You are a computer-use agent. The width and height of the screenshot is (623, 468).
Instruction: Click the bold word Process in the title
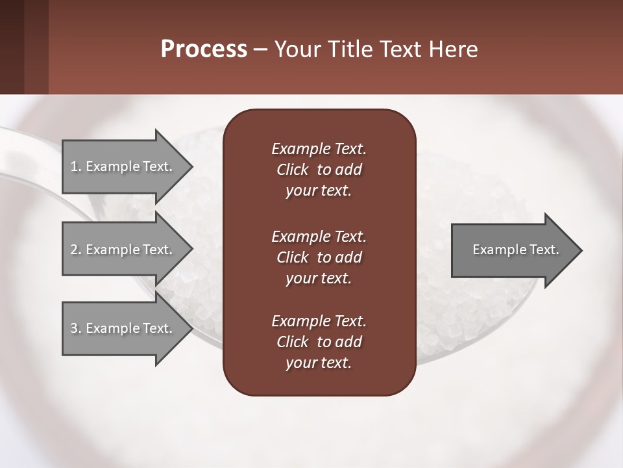click(x=204, y=49)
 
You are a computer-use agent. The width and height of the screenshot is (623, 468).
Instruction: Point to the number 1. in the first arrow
click(x=76, y=166)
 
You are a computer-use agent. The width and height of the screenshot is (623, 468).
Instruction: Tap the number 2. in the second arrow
click(x=76, y=250)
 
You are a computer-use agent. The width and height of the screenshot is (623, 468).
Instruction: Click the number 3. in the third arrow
click(x=76, y=328)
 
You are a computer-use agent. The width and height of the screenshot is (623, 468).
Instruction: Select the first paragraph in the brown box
click(x=319, y=170)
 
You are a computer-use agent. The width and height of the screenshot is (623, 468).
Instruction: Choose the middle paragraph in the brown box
click(x=319, y=257)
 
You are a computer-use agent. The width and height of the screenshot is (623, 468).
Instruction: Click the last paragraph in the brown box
click(x=319, y=342)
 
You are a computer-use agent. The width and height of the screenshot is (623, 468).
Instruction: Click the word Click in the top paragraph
click(x=293, y=170)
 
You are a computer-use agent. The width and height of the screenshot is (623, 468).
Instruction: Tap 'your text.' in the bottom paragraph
click(x=319, y=363)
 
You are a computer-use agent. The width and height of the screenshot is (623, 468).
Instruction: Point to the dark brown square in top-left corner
click(x=12, y=47)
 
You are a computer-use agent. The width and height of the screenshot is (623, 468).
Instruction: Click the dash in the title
click(x=260, y=49)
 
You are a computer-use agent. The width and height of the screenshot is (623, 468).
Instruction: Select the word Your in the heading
click(x=296, y=49)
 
